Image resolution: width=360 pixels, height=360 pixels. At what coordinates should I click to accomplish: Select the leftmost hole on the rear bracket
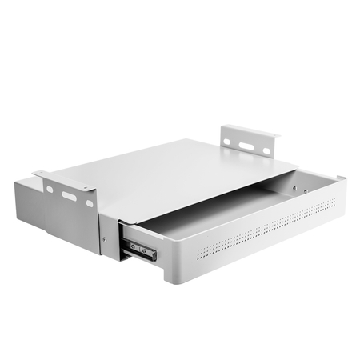[228, 142]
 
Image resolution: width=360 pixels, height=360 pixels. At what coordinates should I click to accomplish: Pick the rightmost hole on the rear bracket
[267, 150]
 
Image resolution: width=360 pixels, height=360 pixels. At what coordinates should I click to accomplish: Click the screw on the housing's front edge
[104, 238]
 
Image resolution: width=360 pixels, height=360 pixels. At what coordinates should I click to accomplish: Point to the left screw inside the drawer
[294, 189]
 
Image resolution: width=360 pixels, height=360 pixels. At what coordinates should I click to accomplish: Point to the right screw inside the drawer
[303, 191]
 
